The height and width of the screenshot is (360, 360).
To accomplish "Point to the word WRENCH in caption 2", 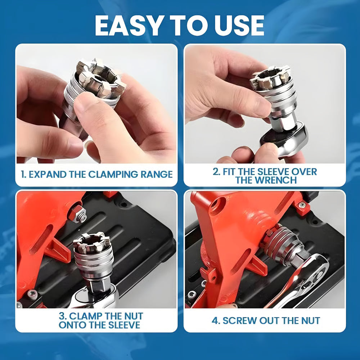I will [276, 180].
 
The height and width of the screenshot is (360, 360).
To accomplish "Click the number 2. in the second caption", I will [216, 171].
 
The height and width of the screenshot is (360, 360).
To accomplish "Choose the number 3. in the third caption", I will [62, 316].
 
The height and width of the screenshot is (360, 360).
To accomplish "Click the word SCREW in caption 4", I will [239, 320].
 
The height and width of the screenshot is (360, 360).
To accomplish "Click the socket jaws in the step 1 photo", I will [101, 77].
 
